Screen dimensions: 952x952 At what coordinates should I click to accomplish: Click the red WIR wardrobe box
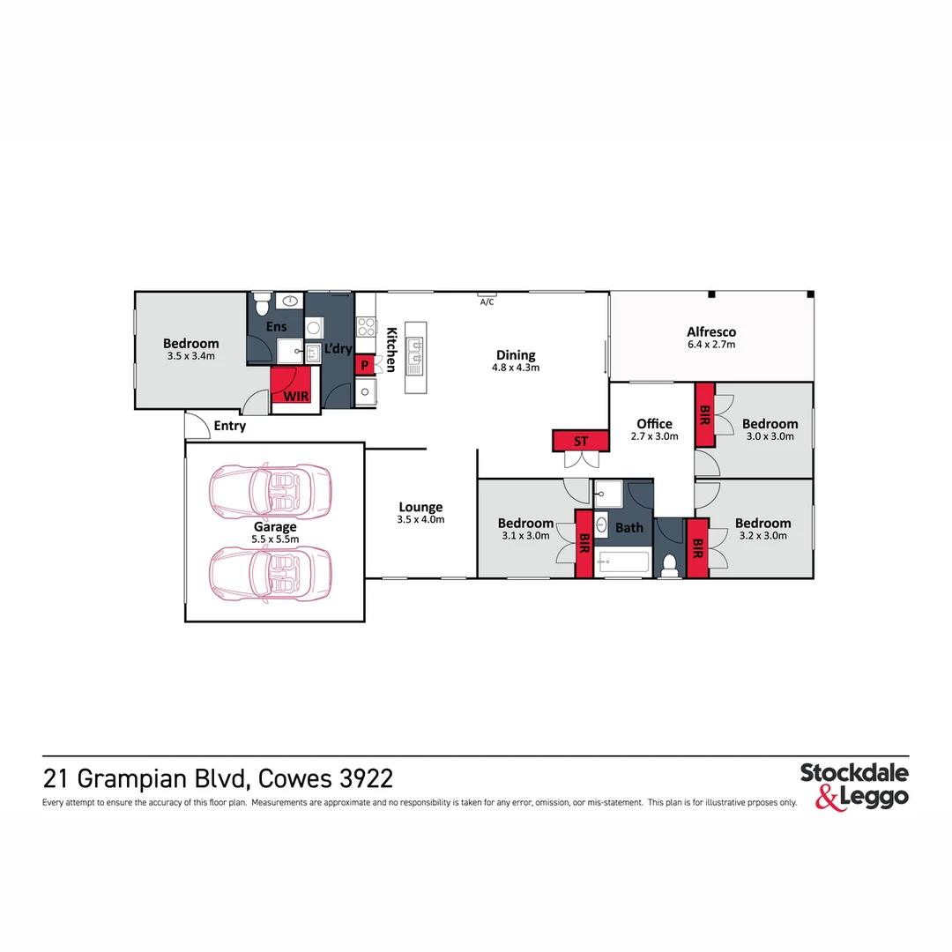(291, 387)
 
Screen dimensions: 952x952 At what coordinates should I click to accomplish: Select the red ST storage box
(581, 440)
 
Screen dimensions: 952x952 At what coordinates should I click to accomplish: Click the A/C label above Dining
(487, 302)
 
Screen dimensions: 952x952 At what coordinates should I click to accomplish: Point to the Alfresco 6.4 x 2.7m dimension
(711, 345)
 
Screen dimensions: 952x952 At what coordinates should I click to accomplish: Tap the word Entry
(230, 427)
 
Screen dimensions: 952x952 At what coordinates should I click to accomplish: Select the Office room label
(654, 424)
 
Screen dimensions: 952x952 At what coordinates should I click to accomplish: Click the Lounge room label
(420, 507)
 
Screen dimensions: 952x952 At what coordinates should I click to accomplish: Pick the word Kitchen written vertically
(391, 349)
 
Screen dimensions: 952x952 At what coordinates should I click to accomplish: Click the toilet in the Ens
(261, 305)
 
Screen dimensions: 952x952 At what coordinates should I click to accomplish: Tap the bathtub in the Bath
(623, 562)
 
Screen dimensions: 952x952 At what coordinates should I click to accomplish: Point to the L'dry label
(338, 350)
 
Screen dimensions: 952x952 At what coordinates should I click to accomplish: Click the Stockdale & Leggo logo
(853, 786)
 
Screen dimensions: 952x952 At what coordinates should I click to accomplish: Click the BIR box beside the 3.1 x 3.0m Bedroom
(584, 545)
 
